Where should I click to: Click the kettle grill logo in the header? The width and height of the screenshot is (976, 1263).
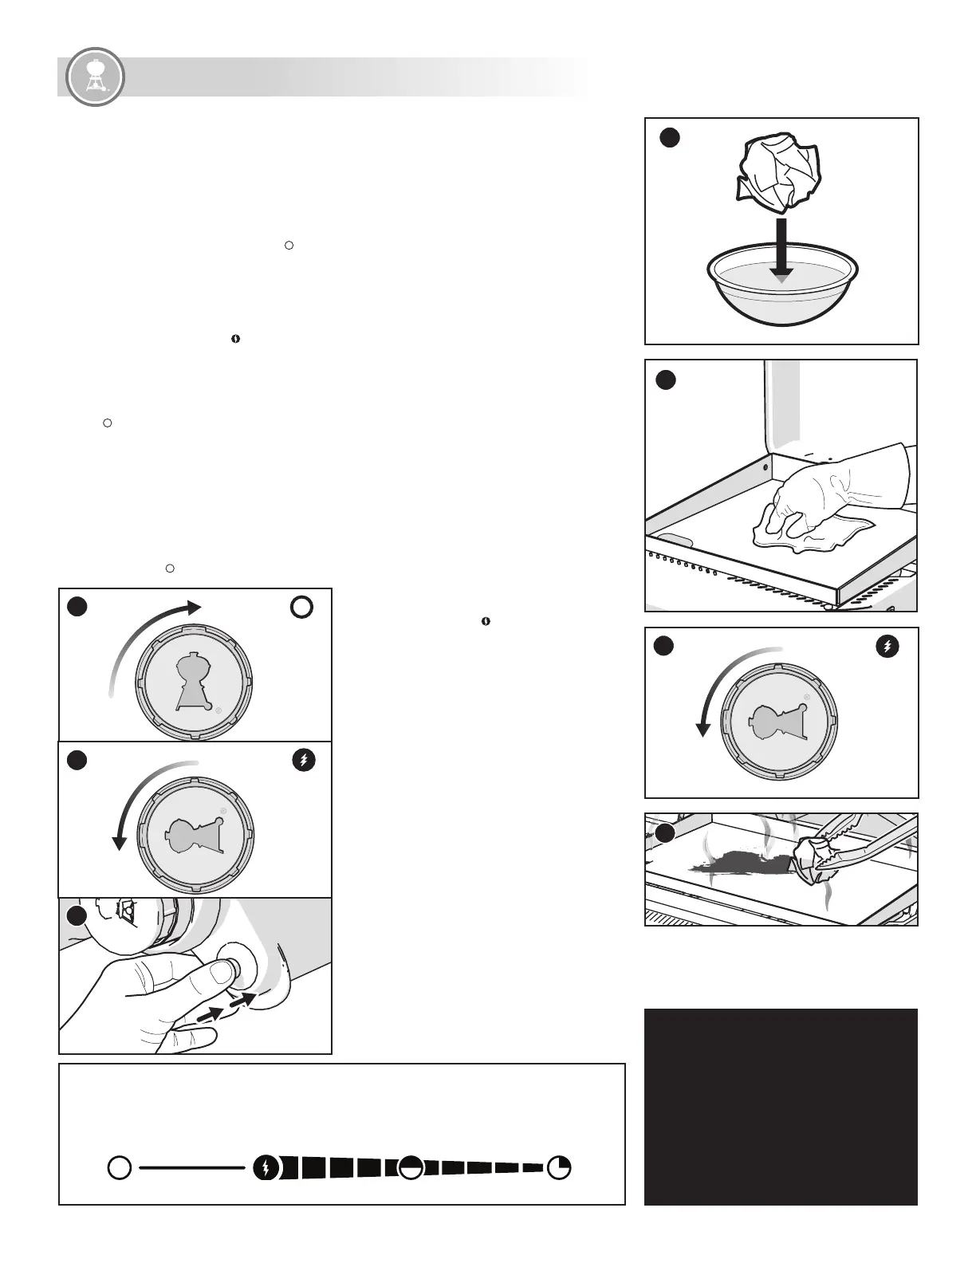[x=95, y=77]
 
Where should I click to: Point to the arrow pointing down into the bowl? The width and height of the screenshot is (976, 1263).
[x=781, y=249]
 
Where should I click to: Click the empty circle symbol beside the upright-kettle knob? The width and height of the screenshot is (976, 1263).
[x=301, y=608]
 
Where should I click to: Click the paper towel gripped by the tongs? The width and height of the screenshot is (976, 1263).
[x=813, y=860]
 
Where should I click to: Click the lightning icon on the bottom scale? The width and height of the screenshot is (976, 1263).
[x=266, y=1168]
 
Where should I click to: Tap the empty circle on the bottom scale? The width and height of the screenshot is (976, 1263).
[x=120, y=1168]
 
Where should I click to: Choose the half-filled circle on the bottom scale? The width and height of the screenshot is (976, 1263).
[x=411, y=1168]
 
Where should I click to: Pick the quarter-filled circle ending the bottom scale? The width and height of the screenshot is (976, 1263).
[x=559, y=1168]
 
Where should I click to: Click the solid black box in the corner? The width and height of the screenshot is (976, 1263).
[x=781, y=1107]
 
